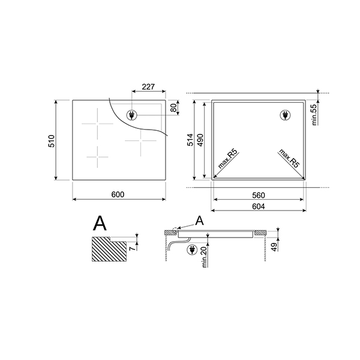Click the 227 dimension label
click(x=148, y=87)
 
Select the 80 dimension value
click(x=173, y=108)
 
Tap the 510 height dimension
click(x=52, y=141)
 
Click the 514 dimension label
click(x=191, y=141)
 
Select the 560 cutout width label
click(x=259, y=196)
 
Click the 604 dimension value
click(x=259, y=206)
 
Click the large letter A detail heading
click(x=100, y=224)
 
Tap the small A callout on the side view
click(x=200, y=221)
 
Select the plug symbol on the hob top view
click(x=131, y=115)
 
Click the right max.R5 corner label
click(x=289, y=160)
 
